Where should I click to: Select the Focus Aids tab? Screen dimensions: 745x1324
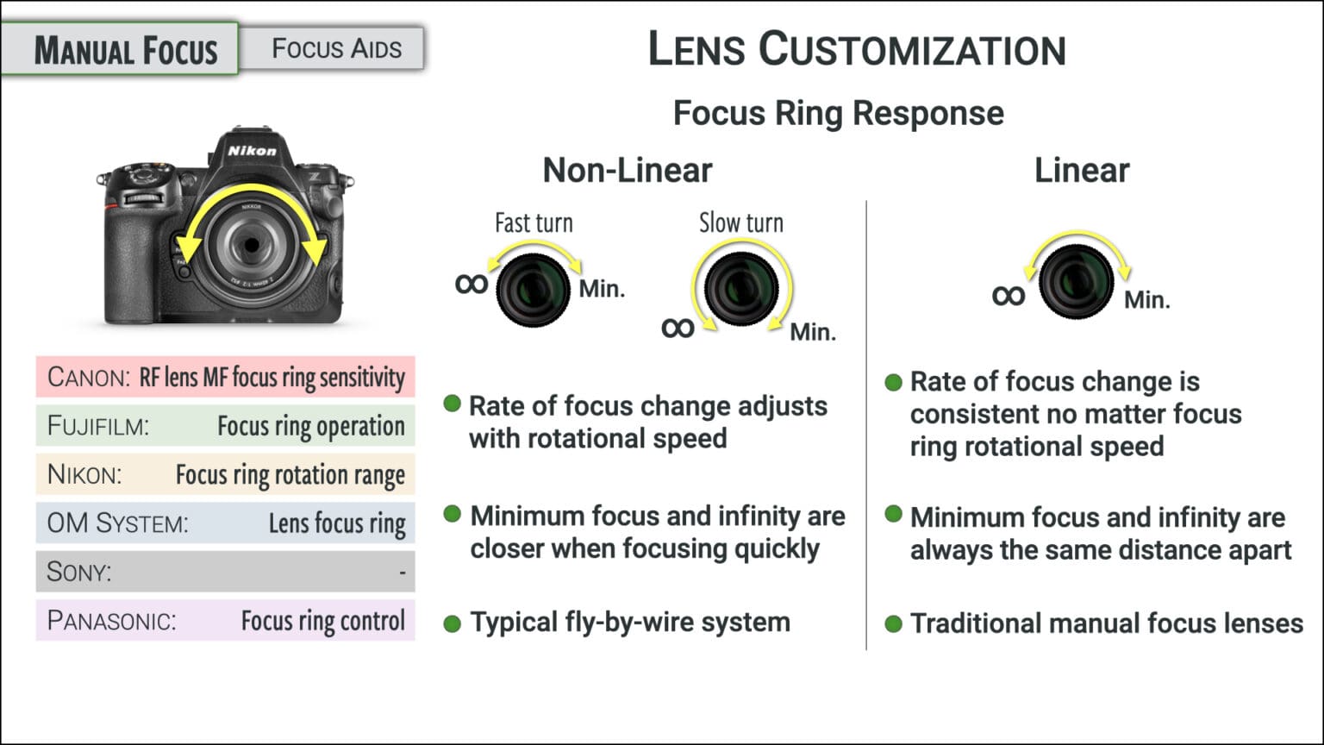click(x=336, y=49)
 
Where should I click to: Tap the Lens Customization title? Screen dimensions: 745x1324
click(x=857, y=49)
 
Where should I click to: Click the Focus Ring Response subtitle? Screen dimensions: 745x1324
click(x=838, y=113)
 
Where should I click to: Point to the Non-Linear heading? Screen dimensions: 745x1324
click(x=628, y=171)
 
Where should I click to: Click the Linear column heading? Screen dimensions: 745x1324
click(x=1081, y=171)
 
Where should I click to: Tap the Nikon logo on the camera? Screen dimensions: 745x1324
click(x=252, y=151)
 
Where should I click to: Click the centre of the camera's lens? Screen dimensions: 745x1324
click(x=252, y=246)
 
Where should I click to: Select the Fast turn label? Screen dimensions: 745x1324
click(x=534, y=223)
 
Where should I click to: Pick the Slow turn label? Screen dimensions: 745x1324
click(x=740, y=223)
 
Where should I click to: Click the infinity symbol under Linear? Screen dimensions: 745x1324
click(x=1008, y=297)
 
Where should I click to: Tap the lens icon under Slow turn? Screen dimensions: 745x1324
click(x=741, y=288)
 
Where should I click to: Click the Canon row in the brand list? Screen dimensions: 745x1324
click(x=226, y=378)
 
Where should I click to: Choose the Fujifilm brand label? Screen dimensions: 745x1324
click(x=97, y=426)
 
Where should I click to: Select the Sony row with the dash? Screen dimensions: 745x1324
click(x=226, y=572)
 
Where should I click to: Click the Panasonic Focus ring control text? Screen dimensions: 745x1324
click(x=322, y=621)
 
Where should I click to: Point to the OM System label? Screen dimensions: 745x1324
click(x=117, y=523)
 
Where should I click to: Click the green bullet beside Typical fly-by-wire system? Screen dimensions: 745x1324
click(x=452, y=623)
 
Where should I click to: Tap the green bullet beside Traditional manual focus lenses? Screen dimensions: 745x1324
click(x=893, y=623)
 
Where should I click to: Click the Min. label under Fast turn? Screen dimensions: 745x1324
click(x=602, y=289)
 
